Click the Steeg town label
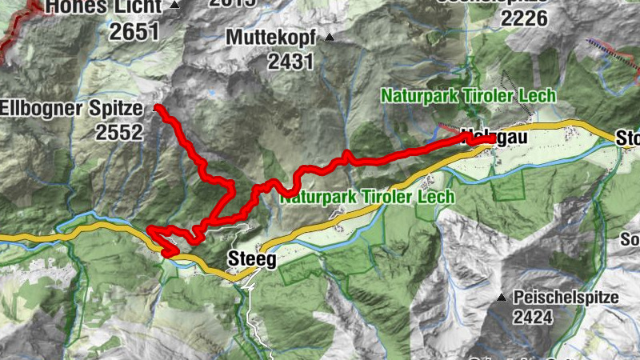(252, 259)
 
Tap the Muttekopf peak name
(271, 37)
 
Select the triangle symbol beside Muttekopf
(329, 38)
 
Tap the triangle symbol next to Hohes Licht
(174, 6)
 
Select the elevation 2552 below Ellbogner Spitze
(119, 132)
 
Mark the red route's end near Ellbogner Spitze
(157, 107)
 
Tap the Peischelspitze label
(566, 298)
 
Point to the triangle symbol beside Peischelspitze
(502, 298)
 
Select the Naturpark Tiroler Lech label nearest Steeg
(367, 196)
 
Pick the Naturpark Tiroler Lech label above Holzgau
(468, 96)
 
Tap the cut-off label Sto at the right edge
(628, 139)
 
